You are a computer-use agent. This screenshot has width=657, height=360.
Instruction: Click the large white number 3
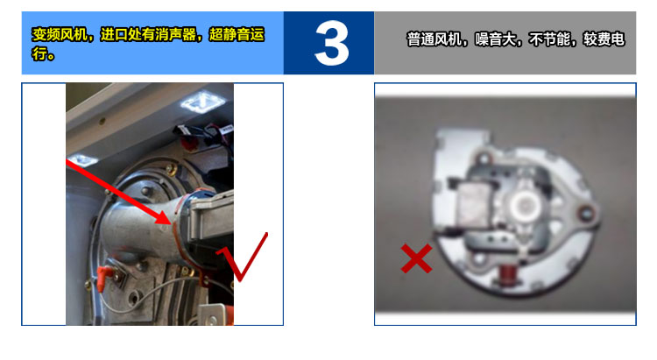[x=331, y=44]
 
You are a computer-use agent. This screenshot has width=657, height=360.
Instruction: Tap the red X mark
[x=416, y=258]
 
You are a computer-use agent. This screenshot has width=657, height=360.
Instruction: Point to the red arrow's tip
[x=170, y=224]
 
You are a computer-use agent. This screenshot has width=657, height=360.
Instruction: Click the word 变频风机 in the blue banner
[x=60, y=34]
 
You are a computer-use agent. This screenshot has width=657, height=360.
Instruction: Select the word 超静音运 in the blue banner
[x=237, y=34]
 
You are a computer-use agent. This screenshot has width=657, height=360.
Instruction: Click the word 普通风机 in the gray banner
[x=434, y=39]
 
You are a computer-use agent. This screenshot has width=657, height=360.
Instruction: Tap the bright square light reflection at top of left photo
[x=203, y=102]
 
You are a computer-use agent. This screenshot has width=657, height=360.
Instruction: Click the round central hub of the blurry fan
[x=523, y=204]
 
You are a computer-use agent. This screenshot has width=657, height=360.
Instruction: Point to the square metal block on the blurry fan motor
[x=473, y=202]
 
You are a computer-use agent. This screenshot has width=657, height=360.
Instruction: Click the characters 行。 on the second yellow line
[x=43, y=53]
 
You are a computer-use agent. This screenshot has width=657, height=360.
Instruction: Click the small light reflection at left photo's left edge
[x=82, y=160]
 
